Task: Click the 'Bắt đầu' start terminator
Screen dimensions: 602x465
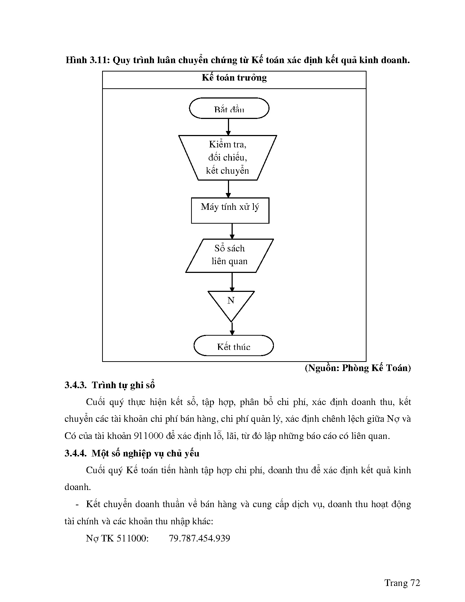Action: click(x=229, y=108)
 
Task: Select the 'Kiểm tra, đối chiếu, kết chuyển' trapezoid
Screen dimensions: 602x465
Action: click(x=228, y=158)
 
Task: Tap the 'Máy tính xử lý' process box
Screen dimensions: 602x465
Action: click(x=230, y=210)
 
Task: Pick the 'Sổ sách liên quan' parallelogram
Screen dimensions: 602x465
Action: click(x=229, y=255)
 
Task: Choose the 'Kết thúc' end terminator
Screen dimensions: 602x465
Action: click(x=233, y=346)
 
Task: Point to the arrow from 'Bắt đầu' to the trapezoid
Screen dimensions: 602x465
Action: click(x=228, y=127)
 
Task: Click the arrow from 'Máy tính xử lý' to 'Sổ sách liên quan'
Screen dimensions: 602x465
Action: click(x=232, y=231)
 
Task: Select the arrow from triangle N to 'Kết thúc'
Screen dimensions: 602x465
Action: click(x=232, y=329)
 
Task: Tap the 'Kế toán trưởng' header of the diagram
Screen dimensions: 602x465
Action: click(x=234, y=78)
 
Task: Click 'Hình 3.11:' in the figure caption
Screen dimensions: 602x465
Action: click(x=88, y=60)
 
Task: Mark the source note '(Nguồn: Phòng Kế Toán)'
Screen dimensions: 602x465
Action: click(x=358, y=368)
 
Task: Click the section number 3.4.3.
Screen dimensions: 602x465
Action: click(x=75, y=385)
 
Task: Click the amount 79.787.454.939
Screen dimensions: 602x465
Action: click(x=199, y=539)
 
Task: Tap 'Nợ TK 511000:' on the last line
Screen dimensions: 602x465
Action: click(x=117, y=539)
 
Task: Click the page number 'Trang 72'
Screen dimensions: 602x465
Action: click(x=402, y=583)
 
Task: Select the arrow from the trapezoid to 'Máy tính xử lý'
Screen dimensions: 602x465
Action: click(x=228, y=189)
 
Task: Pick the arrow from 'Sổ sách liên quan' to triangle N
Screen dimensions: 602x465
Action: click(x=232, y=282)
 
